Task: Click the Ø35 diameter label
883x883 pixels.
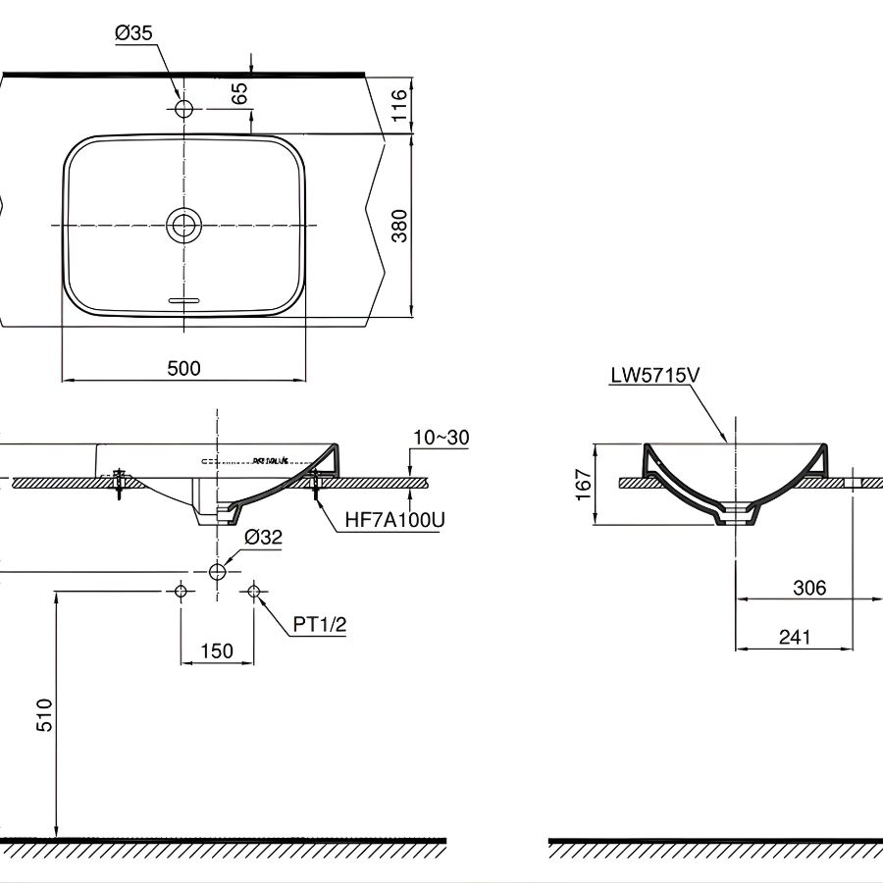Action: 133,33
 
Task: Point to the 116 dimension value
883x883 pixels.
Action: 397,103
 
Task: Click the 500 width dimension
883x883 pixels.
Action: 183,368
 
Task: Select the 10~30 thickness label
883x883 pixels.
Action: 442,438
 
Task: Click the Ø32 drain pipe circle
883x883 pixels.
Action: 217,570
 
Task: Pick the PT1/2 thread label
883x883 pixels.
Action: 320,626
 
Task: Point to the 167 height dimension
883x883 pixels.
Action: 582,485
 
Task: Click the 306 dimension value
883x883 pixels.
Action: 808,588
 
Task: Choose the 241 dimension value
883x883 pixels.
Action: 795,637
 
